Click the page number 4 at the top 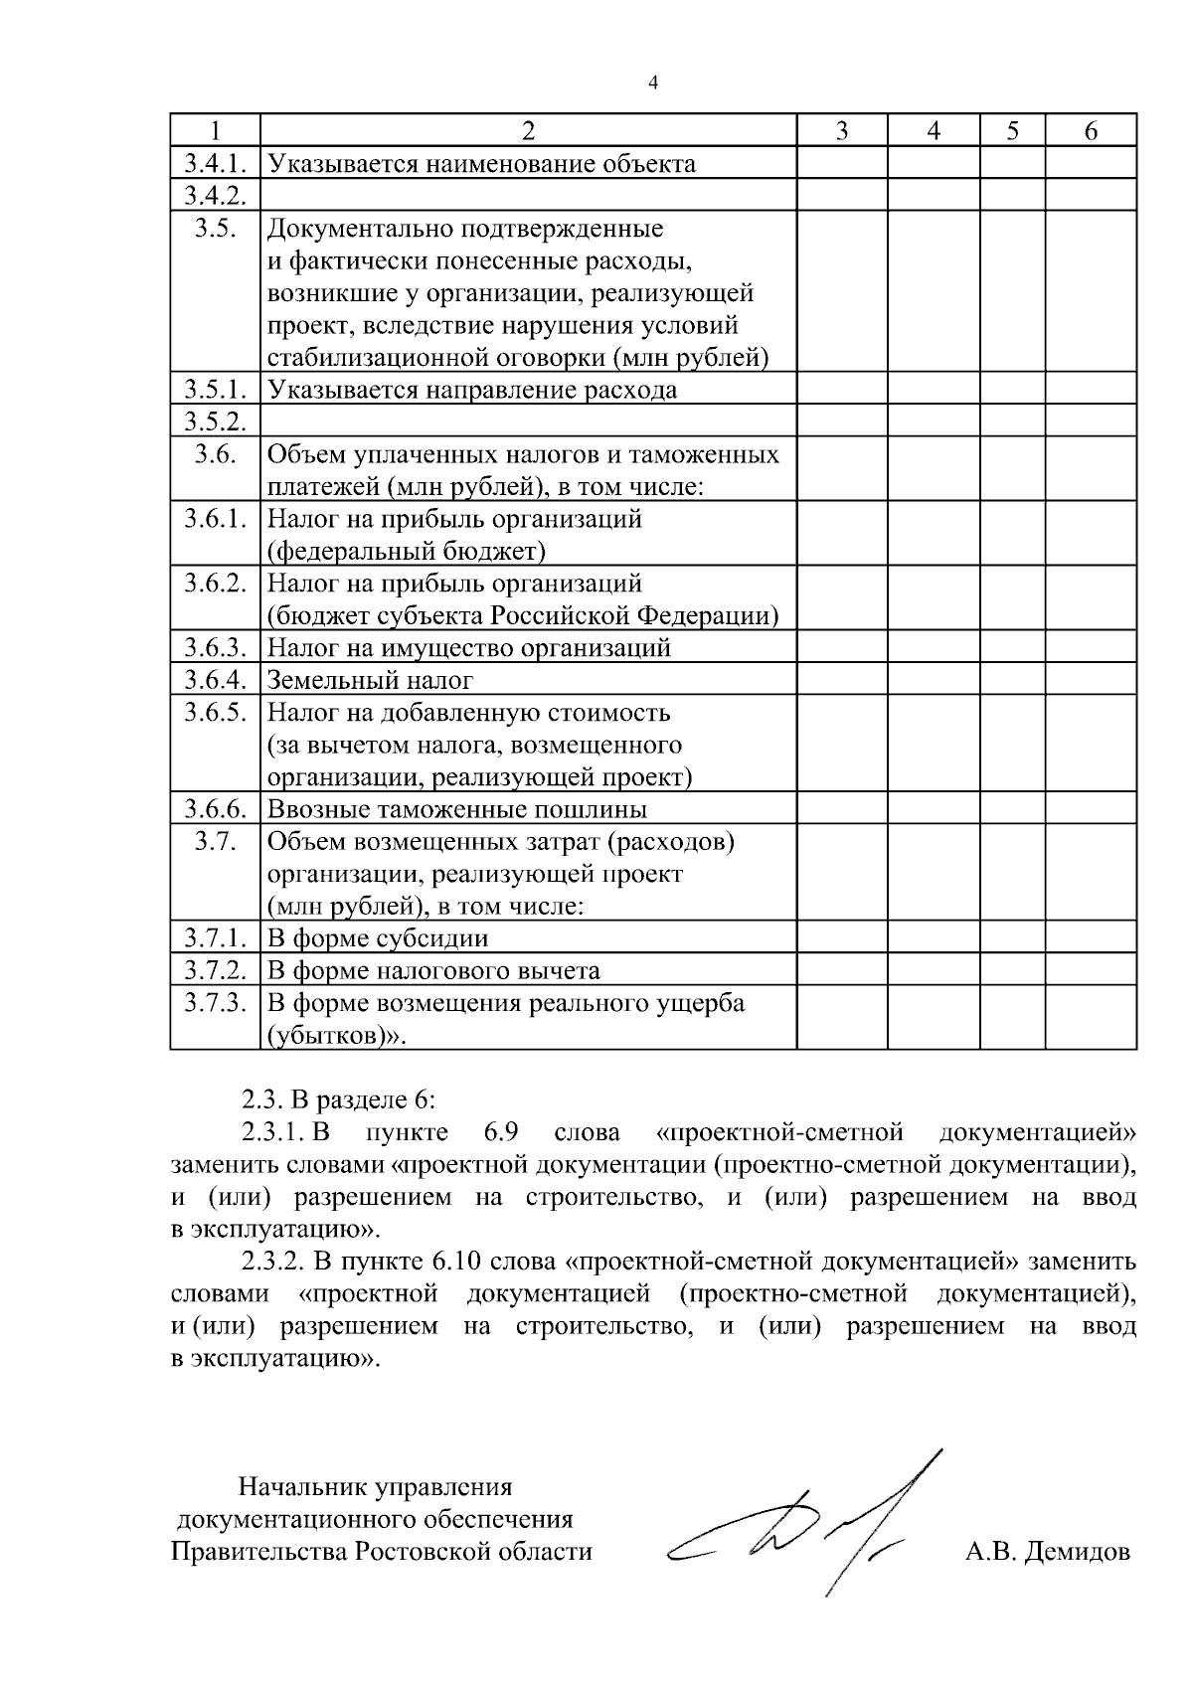[652, 84]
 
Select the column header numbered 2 [528, 131]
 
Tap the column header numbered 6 [1091, 131]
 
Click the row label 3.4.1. [215, 163]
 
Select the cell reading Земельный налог [370, 680]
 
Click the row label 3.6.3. [215, 648]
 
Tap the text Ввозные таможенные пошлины [457, 809]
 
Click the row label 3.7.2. [215, 970]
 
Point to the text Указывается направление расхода [472, 390]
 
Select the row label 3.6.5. [215, 713]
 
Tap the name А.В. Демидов [1048, 1552]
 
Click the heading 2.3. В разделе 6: [339, 1100]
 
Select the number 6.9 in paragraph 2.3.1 [504, 1132]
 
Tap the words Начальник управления [375, 1487]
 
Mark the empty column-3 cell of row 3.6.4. [841, 680]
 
